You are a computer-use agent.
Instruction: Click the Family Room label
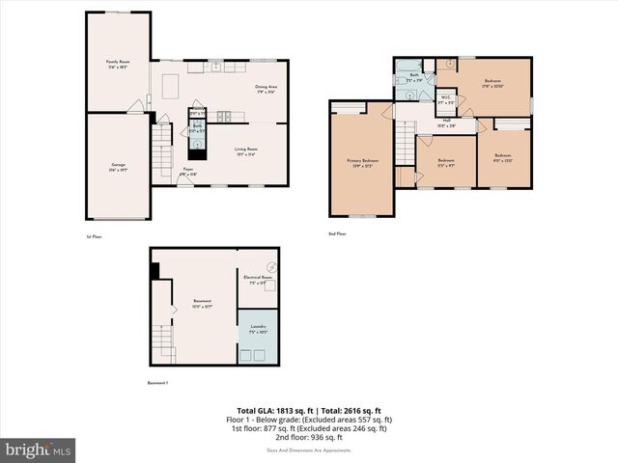point(118,65)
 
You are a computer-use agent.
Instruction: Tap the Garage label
point(118,167)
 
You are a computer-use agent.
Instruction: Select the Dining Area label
point(267,89)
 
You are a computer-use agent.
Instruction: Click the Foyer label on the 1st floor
point(189,171)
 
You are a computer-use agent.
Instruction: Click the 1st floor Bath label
point(196,125)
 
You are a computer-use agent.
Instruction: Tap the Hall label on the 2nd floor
point(446,123)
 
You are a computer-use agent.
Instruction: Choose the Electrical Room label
point(258,280)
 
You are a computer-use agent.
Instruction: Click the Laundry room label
point(258,329)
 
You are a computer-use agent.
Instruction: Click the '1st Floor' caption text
point(93,234)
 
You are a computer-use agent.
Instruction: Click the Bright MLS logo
point(39,449)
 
